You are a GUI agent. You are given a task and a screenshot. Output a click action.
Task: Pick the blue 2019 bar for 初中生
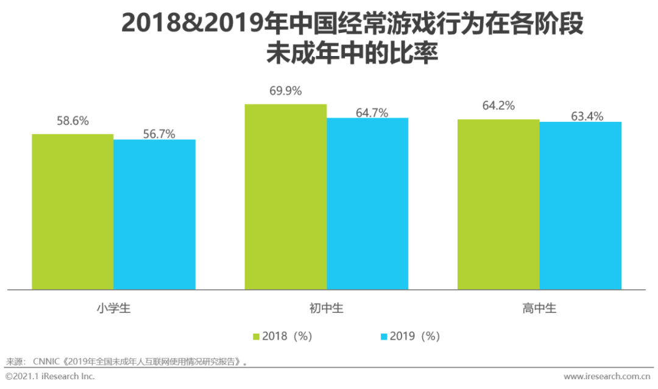tap(367, 203)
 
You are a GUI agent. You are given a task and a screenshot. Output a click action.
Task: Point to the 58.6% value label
tap(73, 121)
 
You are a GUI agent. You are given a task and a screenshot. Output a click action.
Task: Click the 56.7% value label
tap(158, 134)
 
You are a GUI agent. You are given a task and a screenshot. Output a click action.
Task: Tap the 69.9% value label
tap(286, 91)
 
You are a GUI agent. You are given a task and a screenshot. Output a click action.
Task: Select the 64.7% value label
tap(372, 113)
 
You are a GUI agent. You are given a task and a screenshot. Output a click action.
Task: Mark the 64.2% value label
tap(498, 106)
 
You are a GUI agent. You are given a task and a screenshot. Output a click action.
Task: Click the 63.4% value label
tap(587, 116)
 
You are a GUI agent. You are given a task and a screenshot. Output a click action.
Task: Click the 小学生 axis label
tap(113, 309)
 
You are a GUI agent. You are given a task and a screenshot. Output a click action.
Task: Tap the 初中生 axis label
tap(327, 309)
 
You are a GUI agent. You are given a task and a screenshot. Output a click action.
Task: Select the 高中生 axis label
tap(539, 309)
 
